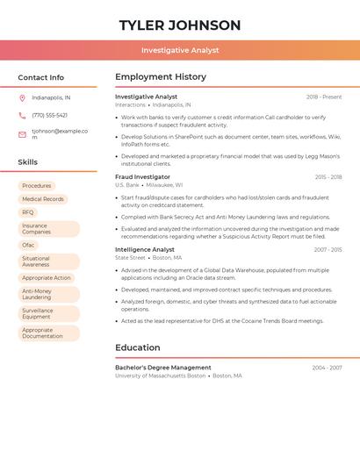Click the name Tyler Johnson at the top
pyautogui.click(x=180, y=25)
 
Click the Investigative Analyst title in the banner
pyautogui.click(x=180, y=50)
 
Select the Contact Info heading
pyautogui.click(x=41, y=77)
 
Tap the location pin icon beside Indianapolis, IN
pyautogui.click(x=22, y=97)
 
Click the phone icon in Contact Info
pyautogui.click(x=22, y=115)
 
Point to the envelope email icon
pyautogui.click(x=22, y=134)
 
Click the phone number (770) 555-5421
pyautogui.click(x=49, y=115)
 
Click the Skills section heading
pyautogui.click(x=28, y=162)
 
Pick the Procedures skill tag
pyautogui.click(x=37, y=186)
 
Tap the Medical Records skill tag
pyautogui.click(x=43, y=199)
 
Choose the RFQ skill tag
pyautogui.click(x=28, y=212)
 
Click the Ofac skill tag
pyautogui.click(x=28, y=245)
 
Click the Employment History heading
pyautogui.click(x=161, y=77)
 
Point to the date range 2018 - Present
pyautogui.click(x=324, y=97)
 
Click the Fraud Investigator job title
pyautogui.click(x=143, y=176)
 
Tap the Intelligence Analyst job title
pyautogui.click(x=145, y=249)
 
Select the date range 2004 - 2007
pyautogui.click(x=327, y=368)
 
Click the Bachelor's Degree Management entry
pyautogui.click(x=163, y=368)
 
